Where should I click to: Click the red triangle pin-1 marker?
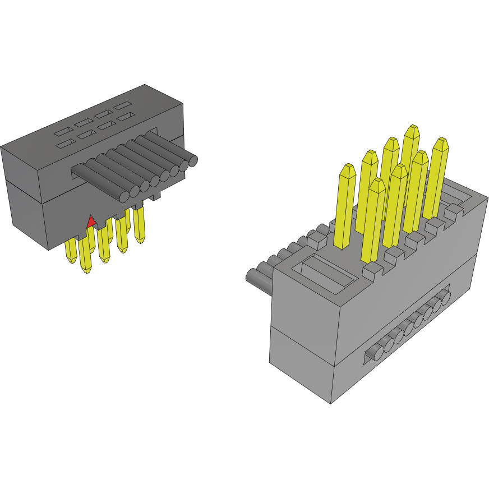click(x=91, y=222)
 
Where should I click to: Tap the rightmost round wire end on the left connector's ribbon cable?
click(x=192, y=162)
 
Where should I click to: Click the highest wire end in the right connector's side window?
click(x=446, y=296)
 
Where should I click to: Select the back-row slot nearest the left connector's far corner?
click(x=123, y=105)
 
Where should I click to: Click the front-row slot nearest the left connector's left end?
click(x=66, y=144)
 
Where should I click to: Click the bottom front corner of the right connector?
click(x=331, y=403)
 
